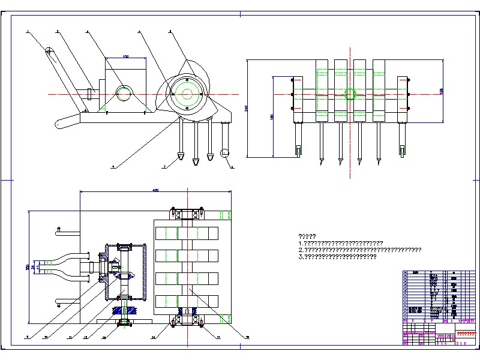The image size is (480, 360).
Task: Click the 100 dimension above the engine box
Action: [x=125, y=56]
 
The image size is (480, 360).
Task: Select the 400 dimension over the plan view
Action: [x=155, y=190]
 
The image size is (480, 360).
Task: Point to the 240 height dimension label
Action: [x=246, y=108]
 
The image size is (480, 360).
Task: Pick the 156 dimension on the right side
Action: [x=442, y=90]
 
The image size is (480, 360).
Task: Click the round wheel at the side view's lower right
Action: [x=226, y=154]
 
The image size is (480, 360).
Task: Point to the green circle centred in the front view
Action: [x=350, y=93]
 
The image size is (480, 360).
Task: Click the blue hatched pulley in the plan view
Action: [x=125, y=311]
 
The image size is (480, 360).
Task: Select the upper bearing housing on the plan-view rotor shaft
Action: [x=188, y=214]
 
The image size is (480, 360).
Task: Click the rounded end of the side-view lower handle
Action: [x=60, y=124]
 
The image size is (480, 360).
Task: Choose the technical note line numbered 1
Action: [x=340, y=243]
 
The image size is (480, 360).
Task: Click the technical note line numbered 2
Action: [x=359, y=250]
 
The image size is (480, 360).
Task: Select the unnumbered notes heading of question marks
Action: [x=307, y=236]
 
